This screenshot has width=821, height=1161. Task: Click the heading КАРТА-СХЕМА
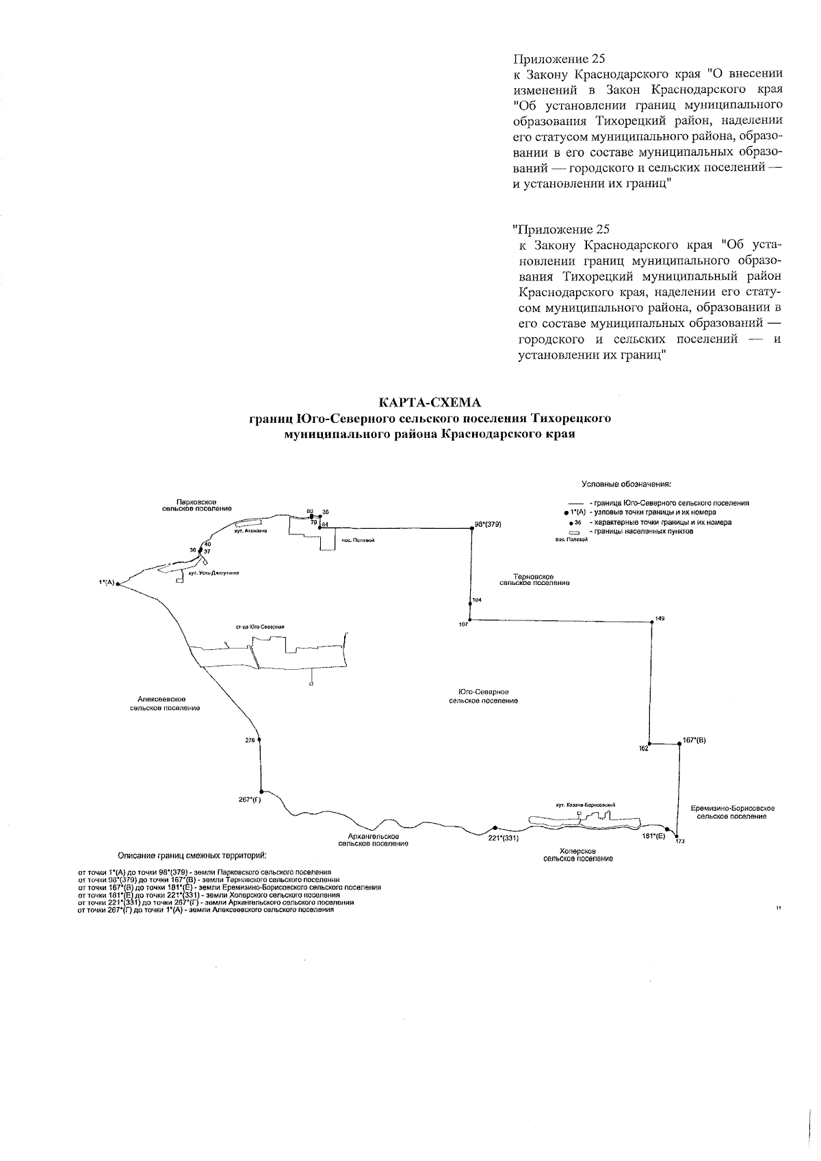point(431,402)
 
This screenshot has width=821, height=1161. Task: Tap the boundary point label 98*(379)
point(488,525)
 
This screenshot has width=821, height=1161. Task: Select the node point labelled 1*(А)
point(118,584)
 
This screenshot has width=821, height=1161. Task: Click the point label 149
point(660,618)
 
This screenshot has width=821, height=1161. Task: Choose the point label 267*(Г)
point(250,799)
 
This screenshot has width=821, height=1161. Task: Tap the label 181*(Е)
point(654,835)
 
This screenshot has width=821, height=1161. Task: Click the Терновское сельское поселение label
point(534,580)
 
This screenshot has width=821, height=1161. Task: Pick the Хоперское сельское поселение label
point(578,855)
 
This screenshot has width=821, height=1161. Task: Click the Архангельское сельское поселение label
point(374,839)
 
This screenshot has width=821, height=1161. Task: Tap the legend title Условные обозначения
point(626,484)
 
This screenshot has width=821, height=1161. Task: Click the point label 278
point(249,740)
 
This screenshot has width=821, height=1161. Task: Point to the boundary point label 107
point(463,625)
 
